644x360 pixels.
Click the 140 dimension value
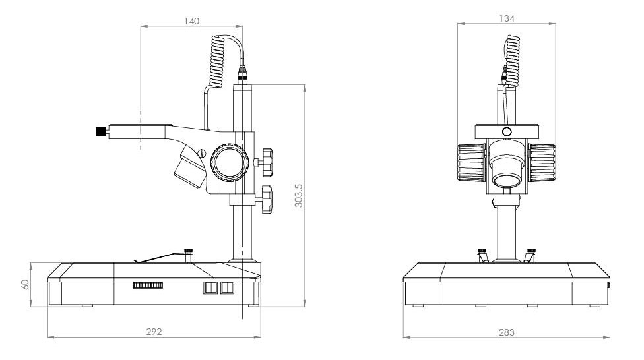[x=192, y=21]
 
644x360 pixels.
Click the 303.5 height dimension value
[x=299, y=195]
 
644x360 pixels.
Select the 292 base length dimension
[x=154, y=332]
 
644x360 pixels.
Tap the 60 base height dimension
[x=25, y=284]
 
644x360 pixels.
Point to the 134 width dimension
[x=507, y=18]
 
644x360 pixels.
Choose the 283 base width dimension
[x=506, y=332]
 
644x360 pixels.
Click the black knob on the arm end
[x=100, y=131]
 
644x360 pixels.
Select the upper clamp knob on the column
[x=267, y=163]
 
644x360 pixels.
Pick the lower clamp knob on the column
[x=267, y=200]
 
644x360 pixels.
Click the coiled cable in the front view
[x=512, y=61]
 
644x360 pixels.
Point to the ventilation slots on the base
[x=148, y=285]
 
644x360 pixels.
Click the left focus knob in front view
[x=471, y=163]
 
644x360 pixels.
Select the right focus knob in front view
[x=542, y=163]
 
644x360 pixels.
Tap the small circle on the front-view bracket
[x=507, y=132]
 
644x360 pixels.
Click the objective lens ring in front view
[x=507, y=180]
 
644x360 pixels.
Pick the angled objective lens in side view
[x=191, y=167]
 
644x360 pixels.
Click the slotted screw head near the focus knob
[x=201, y=153]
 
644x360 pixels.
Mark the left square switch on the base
[x=209, y=287]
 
